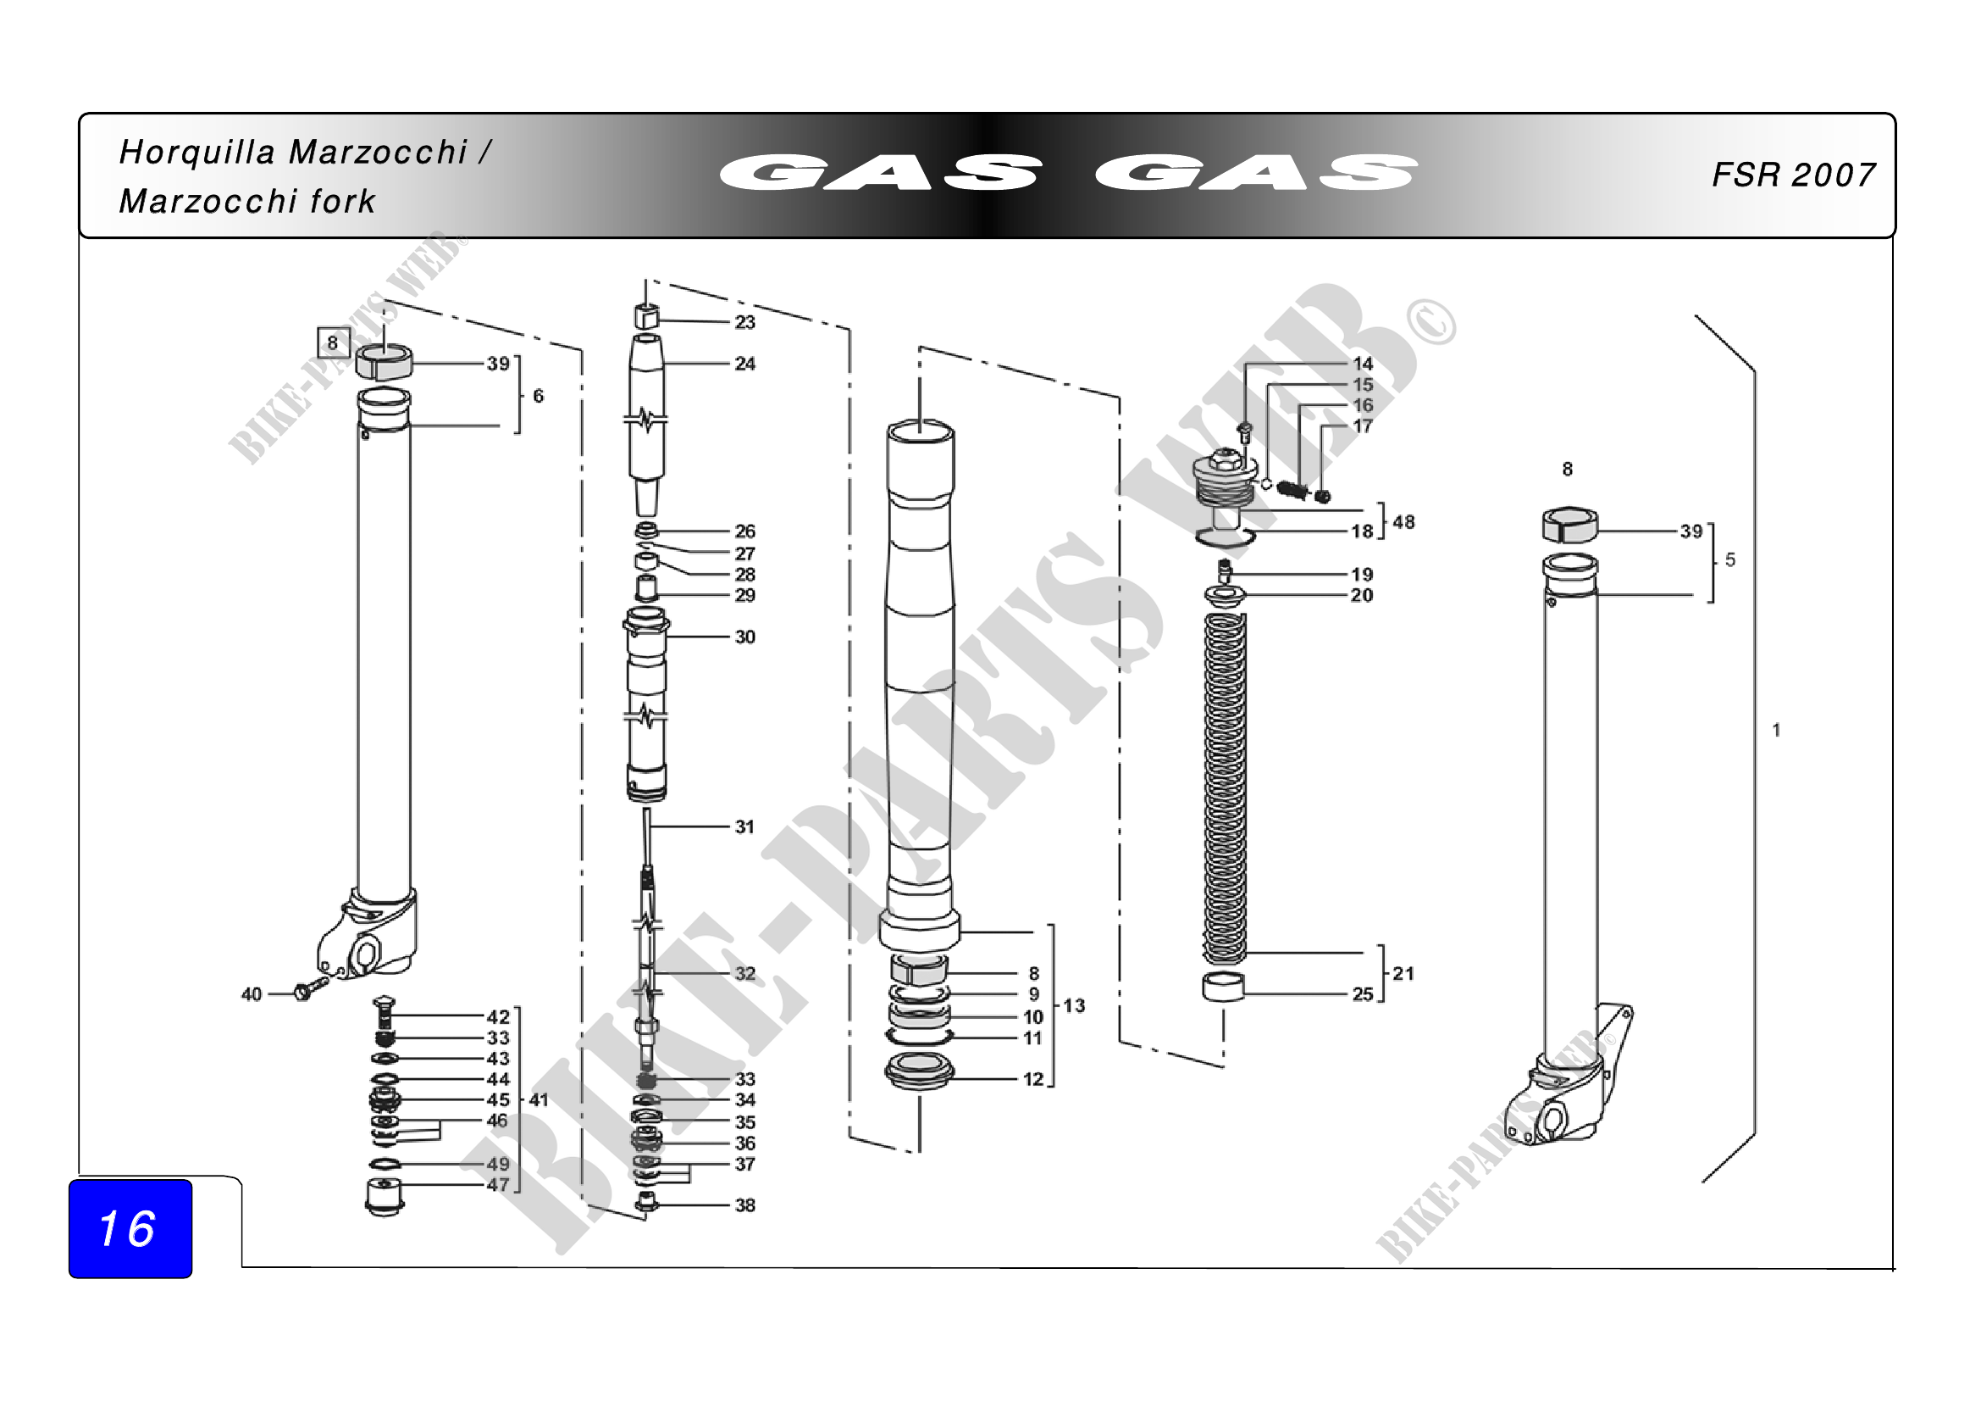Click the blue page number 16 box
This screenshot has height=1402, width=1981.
click(x=130, y=1228)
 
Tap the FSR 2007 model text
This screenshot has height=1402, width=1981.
click(x=1793, y=175)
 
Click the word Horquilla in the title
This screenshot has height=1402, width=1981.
click(x=196, y=153)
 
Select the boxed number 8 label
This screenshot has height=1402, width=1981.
click(x=333, y=342)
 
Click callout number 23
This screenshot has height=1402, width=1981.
click(x=744, y=323)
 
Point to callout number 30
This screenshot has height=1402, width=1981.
click(x=744, y=637)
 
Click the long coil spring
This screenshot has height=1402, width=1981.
click(x=1225, y=786)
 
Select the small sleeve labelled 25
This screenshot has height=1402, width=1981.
click(x=1224, y=987)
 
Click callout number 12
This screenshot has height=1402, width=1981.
click(x=1032, y=1079)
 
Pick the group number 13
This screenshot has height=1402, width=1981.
click(x=1074, y=1006)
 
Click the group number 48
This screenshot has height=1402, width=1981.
click(x=1403, y=522)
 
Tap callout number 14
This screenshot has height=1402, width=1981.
click(x=1363, y=364)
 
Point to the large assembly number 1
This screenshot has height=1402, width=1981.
click(x=1777, y=731)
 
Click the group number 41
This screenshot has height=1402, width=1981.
click(x=539, y=1100)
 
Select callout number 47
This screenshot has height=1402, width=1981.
click(x=498, y=1184)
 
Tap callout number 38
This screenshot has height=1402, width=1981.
click(x=744, y=1205)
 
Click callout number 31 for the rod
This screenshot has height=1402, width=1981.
click(x=744, y=827)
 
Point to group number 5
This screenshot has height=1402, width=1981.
click(x=1730, y=560)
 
